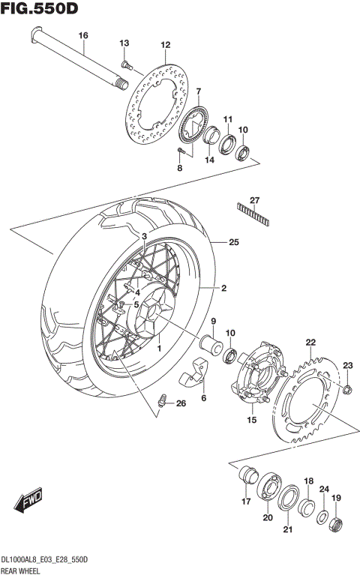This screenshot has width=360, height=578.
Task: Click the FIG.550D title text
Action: pos(39,9)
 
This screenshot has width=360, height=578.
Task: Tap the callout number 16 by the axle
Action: pos(83,35)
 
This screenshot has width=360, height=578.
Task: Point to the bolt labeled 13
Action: pos(125,64)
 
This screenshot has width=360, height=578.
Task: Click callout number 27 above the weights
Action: pos(254,199)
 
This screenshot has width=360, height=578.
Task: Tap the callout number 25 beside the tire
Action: pos(234,242)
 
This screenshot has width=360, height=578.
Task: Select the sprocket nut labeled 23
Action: pos(347,388)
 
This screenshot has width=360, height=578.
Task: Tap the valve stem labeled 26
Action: pos(160,402)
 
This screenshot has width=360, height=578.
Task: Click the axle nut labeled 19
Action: pos(337,523)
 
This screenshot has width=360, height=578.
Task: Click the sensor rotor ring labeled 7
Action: pos(193,124)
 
